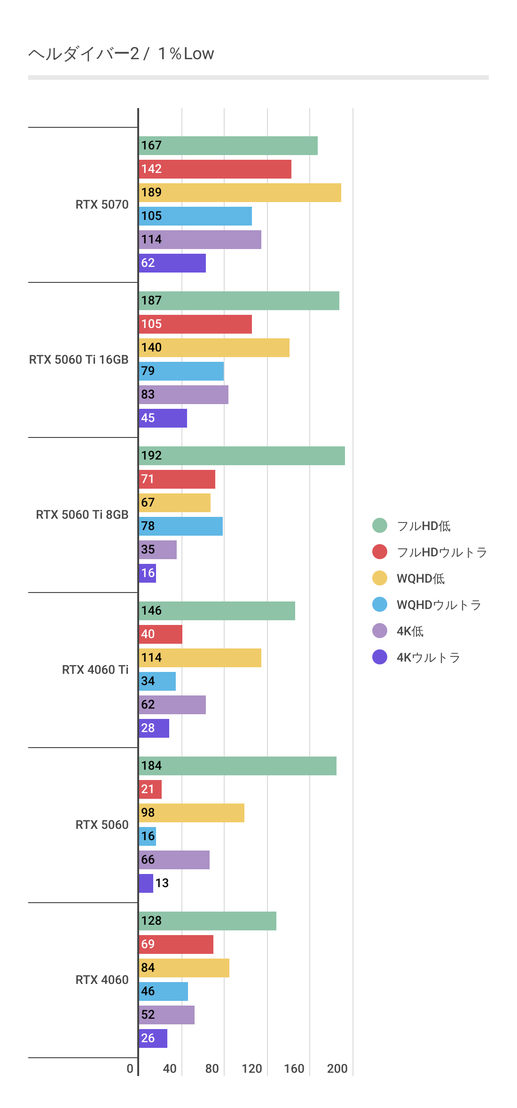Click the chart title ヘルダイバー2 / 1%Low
(x=121, y=54)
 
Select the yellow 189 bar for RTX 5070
(x=240, y=193)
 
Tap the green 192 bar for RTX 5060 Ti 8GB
(x=242, y=456)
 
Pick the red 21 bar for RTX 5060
(x=150, y=789)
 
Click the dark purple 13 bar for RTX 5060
(x=146, y=883)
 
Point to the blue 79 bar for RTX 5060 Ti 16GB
(x=181, y=371)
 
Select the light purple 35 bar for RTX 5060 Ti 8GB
(x=158, y=550)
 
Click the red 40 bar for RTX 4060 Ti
(x=161, y=634)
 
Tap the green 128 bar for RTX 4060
(x=208, y=921)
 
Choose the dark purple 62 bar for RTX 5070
(x=172, y=263)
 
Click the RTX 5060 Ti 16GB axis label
(x=78, y=359)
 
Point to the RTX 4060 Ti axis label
(x=95, y=670)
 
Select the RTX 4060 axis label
(x=102, y=980)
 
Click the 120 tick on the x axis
(x=252, y=1069)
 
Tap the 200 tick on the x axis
(x=337, y=1069)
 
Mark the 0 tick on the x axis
(x=130, y=1069)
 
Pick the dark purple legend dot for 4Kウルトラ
(x=380, y=657)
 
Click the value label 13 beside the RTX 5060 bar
(x=162, y=883)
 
